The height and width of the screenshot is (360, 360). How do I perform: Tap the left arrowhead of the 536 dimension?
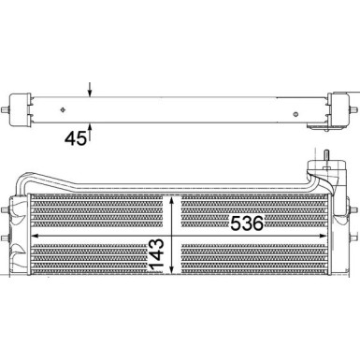pyautogui.click(x=35, y=238)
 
